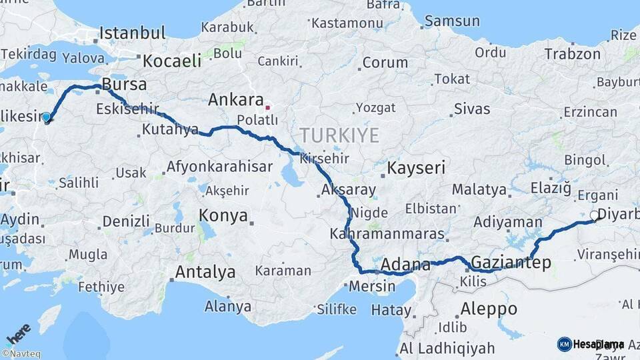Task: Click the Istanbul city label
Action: coord(133,33)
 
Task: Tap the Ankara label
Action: coord(236,100)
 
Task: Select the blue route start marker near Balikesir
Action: coord(46,117)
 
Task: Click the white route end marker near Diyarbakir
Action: coord(594,215)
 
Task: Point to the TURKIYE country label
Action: coord(339,136)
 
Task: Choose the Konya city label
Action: coord(223,216)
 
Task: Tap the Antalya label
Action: coord(205,272)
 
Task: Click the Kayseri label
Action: coord(416,167)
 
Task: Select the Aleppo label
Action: coord(489,309)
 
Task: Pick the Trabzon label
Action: coord(573,54)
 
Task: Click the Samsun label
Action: coord(452,21)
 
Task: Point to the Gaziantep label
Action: coord(511,262)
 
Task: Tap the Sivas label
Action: coord(472,109)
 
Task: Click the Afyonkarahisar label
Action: coord(220,167)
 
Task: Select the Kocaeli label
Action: coord(172,61)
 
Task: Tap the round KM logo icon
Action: coord(564,344)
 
